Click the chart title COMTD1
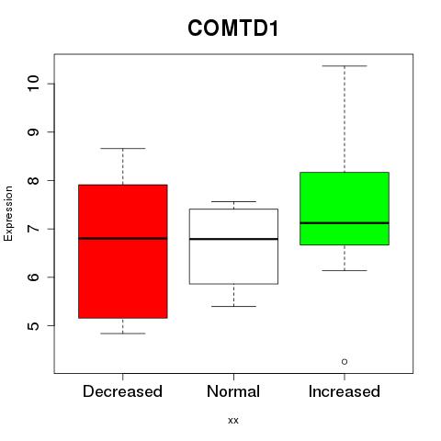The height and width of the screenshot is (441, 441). (233, 28)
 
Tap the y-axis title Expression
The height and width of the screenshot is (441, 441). (8, 213)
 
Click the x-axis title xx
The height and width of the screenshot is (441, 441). (233, 421)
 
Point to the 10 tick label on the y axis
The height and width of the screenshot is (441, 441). (33, 84)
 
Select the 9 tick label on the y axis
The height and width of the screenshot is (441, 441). (33, 132)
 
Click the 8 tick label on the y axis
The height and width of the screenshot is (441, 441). (33, 180)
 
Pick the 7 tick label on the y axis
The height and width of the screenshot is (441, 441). (33, 229)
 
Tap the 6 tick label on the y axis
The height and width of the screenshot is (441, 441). (33, 277)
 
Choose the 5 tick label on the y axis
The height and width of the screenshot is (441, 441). (33, 325)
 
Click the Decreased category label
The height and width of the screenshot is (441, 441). (122, 391)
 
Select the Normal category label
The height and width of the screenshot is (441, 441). (233, 391)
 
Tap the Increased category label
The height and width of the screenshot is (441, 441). (345, 391)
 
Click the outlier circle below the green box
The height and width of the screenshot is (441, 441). (345, 362)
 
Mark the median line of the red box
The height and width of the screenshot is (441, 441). (123, 238)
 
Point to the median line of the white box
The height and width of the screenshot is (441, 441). (233, 239)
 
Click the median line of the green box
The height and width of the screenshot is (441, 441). (345, 223)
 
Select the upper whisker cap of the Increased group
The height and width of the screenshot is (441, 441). (345, 66)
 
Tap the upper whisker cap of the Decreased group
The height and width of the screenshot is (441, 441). (123, 148)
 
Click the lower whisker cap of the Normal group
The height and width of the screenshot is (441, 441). (233, 306)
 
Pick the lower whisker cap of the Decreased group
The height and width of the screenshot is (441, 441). (123, 334)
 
